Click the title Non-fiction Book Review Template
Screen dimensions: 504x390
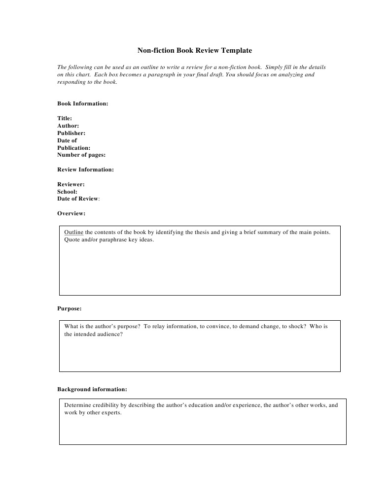tap(194, 50)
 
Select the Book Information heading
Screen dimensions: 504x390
tap(82, 103)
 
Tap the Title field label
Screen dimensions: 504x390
tap(65, 118)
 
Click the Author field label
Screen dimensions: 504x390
tap(68, 126)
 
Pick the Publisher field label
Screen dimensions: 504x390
tap(71, 133)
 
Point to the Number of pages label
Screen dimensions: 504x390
tap(81, 155)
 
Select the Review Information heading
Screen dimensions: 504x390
tap(85, 169)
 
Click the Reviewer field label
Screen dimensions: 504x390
tap(71, 184)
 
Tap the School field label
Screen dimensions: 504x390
tap(67, 192)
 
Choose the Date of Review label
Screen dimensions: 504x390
tap(78, 199)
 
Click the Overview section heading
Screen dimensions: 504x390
tap(71, 213)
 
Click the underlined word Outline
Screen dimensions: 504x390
tap(74, 232)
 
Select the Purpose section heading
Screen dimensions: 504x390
tap(69, 308)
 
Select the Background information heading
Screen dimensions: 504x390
tap(92, 389)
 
